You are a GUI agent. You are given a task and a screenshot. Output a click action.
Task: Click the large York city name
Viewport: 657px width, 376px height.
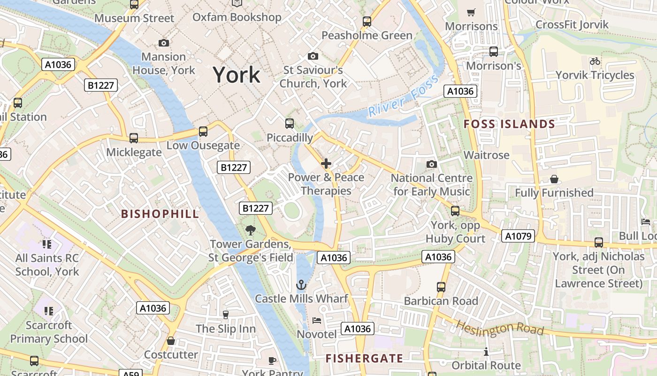point(237,75)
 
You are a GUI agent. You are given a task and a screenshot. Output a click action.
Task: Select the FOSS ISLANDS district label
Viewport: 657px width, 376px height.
point(509,124)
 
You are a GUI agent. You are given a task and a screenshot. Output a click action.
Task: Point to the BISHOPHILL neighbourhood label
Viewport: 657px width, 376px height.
point(160,214)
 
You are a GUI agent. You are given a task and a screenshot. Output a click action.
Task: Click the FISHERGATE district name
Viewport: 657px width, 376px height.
point(364,358)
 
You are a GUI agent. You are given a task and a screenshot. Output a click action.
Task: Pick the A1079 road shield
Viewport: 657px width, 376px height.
point(518,236)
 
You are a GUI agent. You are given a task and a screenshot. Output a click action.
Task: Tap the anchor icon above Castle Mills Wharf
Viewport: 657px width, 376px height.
point(301,285)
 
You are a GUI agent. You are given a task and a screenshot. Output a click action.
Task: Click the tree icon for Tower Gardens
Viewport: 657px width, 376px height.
point(251,230)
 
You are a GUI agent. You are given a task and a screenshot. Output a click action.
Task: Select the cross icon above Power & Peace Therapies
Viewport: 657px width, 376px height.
point(326,164)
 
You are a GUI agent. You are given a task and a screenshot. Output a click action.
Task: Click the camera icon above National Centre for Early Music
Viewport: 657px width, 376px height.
point(431,164)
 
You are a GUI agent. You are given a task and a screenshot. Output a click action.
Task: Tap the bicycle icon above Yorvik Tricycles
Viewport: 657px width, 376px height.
point(595,61)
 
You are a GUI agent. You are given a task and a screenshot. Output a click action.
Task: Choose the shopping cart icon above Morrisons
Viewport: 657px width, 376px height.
point(471,12)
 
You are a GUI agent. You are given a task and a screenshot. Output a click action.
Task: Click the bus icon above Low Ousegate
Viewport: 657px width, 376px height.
point(203,132)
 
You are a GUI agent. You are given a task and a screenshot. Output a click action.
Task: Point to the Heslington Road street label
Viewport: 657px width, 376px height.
point(499,328)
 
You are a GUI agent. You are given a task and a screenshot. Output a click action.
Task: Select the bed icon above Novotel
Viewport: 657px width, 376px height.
point(317,321)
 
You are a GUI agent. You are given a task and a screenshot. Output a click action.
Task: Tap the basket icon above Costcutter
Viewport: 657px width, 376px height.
point(171,340)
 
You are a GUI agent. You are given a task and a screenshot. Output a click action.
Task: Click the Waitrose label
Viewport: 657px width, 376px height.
point(486,155)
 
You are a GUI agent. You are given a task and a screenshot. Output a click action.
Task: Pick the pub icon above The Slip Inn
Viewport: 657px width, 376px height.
point(225,314)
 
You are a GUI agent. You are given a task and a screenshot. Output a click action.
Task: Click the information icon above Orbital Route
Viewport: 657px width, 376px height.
point(486,352)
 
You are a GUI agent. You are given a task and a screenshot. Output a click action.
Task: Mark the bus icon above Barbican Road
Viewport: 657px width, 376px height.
point(441,287)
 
